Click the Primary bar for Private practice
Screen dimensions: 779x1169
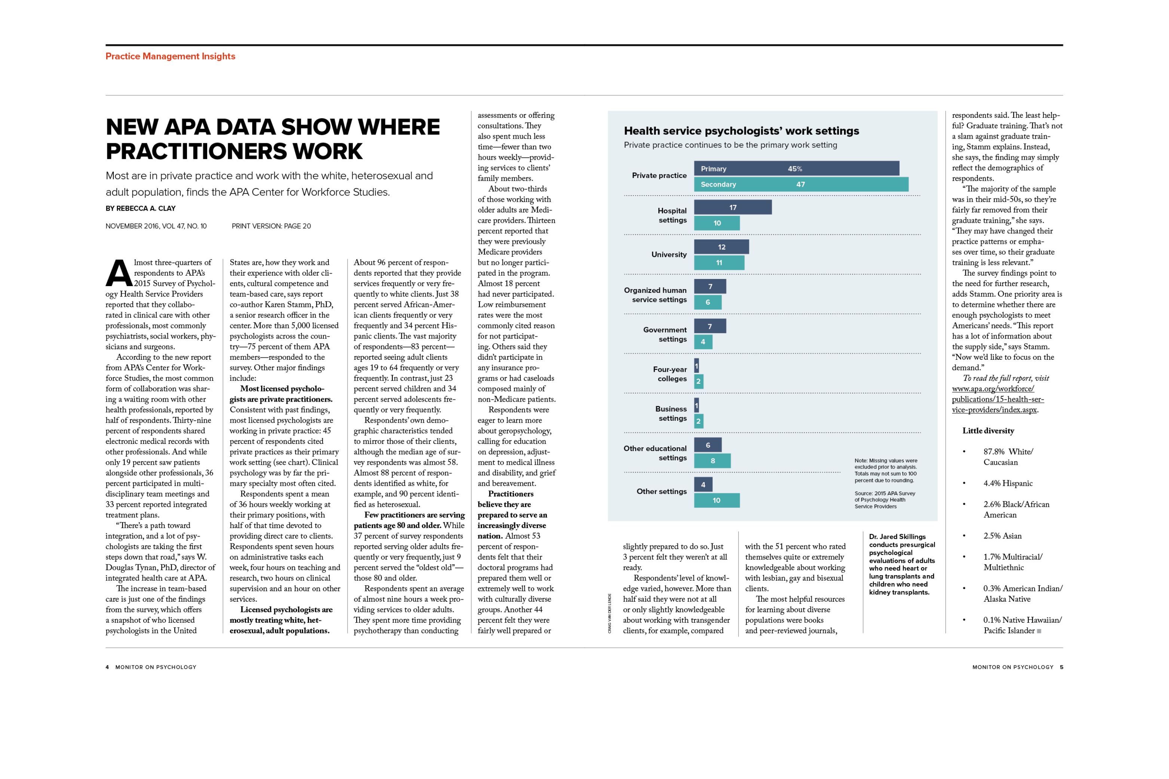click(796, 168)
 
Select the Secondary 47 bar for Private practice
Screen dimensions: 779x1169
click(801, 184)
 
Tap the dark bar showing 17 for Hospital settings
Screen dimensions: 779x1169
click(732, 207)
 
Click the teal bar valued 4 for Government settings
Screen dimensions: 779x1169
click(703, 342)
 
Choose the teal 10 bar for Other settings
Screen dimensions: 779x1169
click(716, 500)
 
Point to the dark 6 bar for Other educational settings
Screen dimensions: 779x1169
click(707, 445)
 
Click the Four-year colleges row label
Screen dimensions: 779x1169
click(669, 374)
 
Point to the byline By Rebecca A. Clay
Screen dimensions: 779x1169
click(140, 208)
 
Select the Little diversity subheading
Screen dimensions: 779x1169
click(988, 431)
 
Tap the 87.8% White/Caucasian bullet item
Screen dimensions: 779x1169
click(1007, 457)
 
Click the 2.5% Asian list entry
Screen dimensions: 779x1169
click(1002, 536)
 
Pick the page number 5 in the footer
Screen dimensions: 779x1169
click(1061, 667)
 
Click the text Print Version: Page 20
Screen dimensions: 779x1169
click(271, 226)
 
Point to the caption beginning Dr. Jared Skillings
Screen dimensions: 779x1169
click(901, 564)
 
